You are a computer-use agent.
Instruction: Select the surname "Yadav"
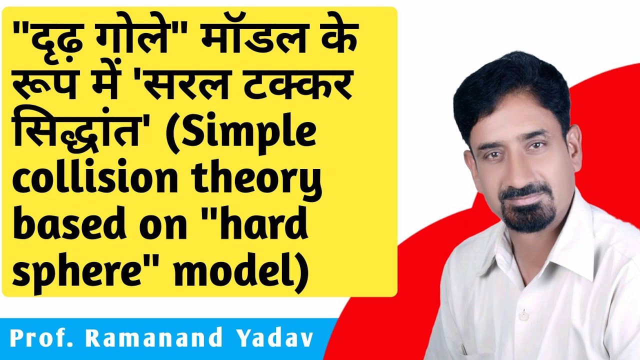(272, 338)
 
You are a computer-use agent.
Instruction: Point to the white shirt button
(523, 315)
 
